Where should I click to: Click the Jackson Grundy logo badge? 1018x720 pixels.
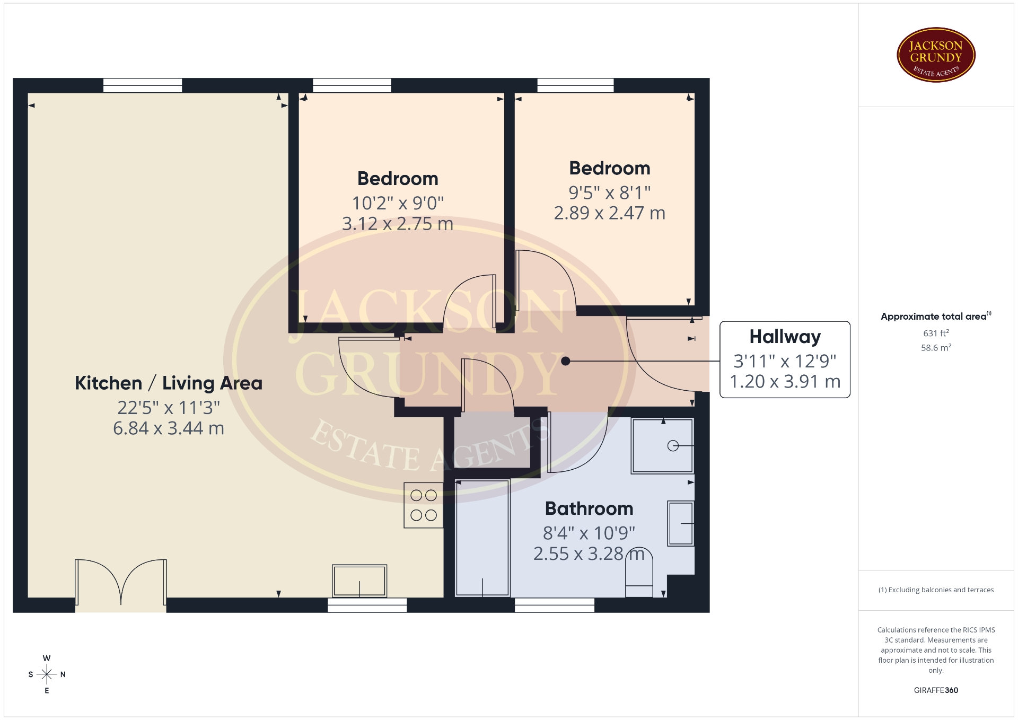click(936, 55)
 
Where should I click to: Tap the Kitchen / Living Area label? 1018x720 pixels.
click(169, 383)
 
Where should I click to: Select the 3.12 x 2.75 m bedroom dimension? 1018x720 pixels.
click(398, 224)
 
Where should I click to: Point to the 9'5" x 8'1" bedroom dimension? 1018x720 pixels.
click(610, 192)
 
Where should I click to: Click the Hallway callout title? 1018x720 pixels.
click(785, 337)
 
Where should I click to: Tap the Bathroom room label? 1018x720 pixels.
click(589, 508)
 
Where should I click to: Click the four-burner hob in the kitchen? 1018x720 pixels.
click(424, 505)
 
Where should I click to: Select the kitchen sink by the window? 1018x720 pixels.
click(359, 581)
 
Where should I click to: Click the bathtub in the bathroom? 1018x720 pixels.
click(482, 538)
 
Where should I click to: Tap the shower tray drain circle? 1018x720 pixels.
click(673, 446)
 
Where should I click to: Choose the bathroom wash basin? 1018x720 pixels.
click(681, 524)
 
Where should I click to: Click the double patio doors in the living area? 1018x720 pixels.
click(121, 583)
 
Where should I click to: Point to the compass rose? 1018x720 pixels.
click(47, 674)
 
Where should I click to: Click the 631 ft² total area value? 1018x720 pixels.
click(936, 333)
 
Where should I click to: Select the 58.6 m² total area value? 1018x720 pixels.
click(936, 348)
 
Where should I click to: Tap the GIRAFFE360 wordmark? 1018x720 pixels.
click(936, 690)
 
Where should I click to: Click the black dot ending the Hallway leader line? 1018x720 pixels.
click(566, 361)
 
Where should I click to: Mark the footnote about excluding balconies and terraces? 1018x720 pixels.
click(936, 590)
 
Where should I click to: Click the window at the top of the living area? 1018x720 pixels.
click(143, 85)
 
